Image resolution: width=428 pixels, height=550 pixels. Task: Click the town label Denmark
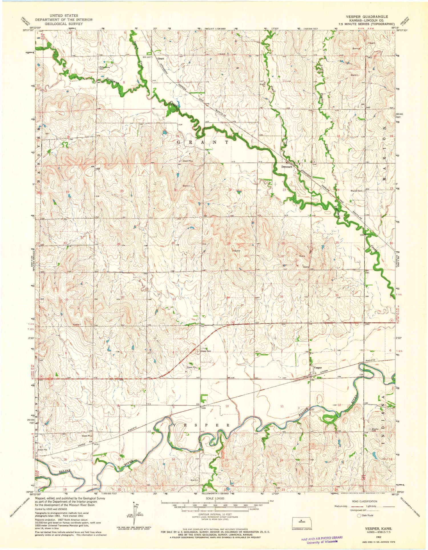[x=287, y=167]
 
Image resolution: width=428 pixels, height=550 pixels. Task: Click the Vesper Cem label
[x=205, y=351]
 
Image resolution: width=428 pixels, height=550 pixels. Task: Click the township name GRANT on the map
[x=203, y=142]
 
